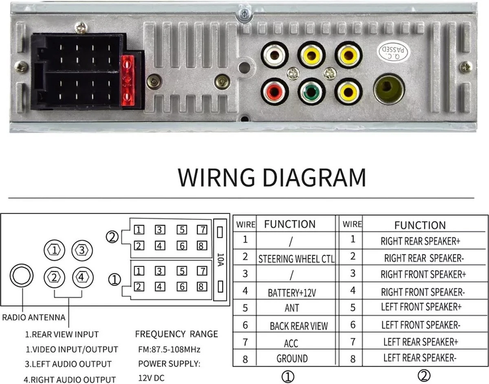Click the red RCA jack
[x=275, y=91]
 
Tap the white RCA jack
[x=275, y=55]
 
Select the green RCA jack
[x=312, y=91]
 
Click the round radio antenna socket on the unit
[x=389, y=89]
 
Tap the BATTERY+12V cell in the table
[x=292, y=292]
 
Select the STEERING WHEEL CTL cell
[x=296, y=259]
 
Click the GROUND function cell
[x=292, y=359]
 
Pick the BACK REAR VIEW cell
[x=298, y=326]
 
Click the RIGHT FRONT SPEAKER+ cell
[x=423, y=274]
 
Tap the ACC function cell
[x=291, y=343]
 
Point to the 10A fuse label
[x=220, y=260]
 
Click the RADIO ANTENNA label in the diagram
[x=34, y=318]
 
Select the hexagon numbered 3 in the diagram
[x=82, y=250]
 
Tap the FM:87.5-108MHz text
[x=169, y=349]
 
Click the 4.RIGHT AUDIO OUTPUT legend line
[x=69, y=380]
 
